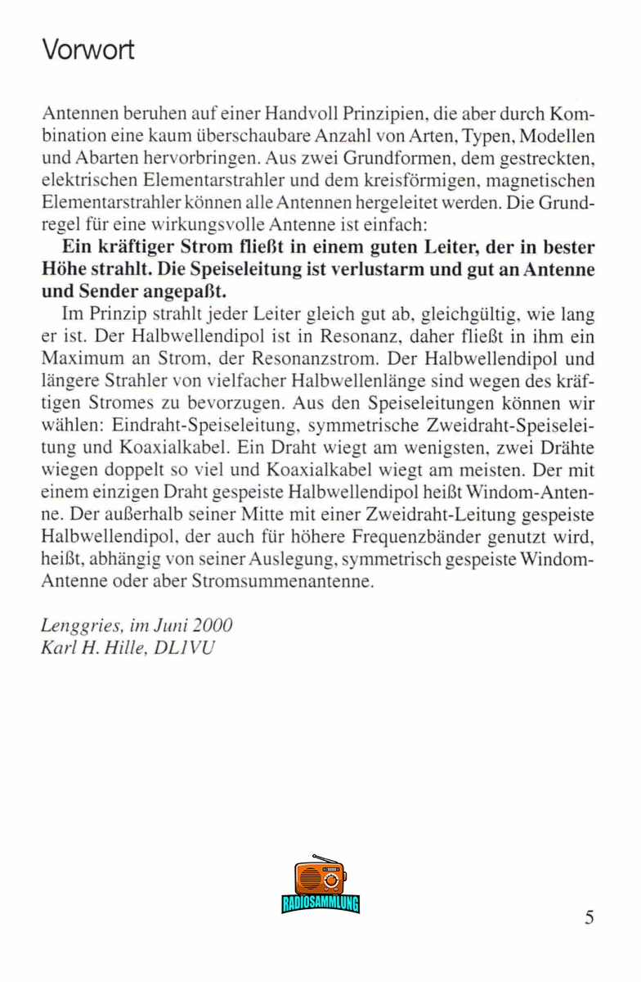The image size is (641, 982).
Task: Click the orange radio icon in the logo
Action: point(320,878)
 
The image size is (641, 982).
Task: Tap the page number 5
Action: point(589,917)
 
